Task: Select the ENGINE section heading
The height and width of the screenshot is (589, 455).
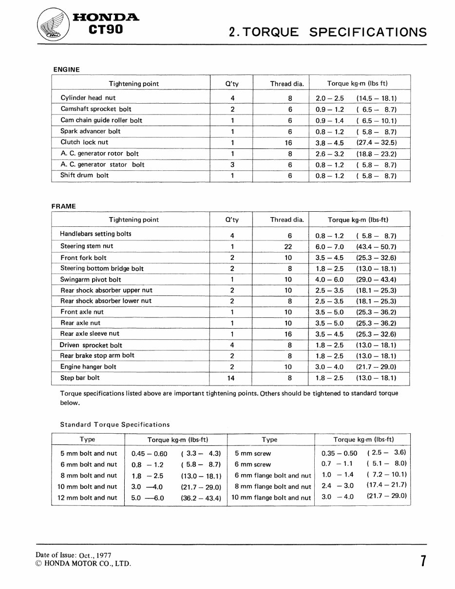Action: tap(66, 70)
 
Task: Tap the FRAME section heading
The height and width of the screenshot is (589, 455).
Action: tap(64, 206)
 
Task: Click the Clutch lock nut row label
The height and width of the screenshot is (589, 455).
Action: tap(84, 142)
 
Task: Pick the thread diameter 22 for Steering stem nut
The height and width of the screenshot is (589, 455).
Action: tap(288, 247)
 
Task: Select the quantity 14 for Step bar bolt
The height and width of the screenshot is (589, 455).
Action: tap(232, 378)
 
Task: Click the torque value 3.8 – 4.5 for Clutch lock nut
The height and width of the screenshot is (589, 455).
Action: tap(329, 143)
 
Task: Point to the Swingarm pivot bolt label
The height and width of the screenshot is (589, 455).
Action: tap(91, 279)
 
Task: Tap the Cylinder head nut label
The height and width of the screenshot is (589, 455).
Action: tap(88, 98)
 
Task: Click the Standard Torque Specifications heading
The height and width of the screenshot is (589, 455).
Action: tap(115, 424)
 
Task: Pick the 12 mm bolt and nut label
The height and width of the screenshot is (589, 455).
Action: tap(89, 497)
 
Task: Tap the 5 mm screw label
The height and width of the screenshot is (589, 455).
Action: tap(253, 454)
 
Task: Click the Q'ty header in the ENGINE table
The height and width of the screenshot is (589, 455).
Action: tap(232, 84)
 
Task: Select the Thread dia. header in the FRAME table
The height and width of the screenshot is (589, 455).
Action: tap(287, 220)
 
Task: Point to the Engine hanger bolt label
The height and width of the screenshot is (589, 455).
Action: tap(88, 367)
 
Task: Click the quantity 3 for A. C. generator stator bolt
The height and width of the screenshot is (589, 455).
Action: tap(232, 165)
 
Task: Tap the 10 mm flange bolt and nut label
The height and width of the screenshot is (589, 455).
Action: tap(271, 497)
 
